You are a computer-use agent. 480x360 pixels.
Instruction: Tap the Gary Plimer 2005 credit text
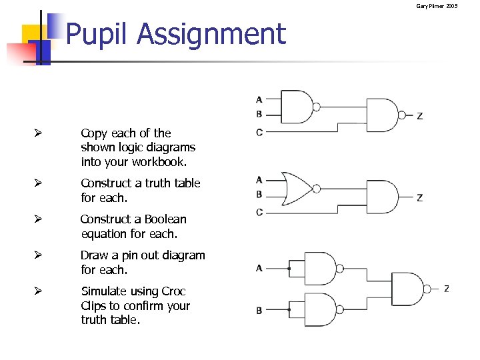[x=437, y=6]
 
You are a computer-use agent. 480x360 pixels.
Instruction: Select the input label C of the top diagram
[x=259, y=132]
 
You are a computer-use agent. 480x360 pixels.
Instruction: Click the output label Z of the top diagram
[x=419, y=116]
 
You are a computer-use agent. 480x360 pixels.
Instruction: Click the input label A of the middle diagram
[x=259, y=179]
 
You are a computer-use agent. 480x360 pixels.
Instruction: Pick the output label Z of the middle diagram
[x=419, y=198]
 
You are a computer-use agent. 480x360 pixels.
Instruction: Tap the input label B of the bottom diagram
[x=259, y=311]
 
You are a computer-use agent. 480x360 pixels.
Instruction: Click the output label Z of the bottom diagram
[x=446, y=289]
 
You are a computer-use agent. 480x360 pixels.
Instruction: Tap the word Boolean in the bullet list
[x=161, y=219]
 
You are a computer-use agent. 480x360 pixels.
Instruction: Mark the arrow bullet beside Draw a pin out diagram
[x=39, y=255]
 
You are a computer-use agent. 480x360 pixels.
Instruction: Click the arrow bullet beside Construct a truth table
[x=39, y=183]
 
